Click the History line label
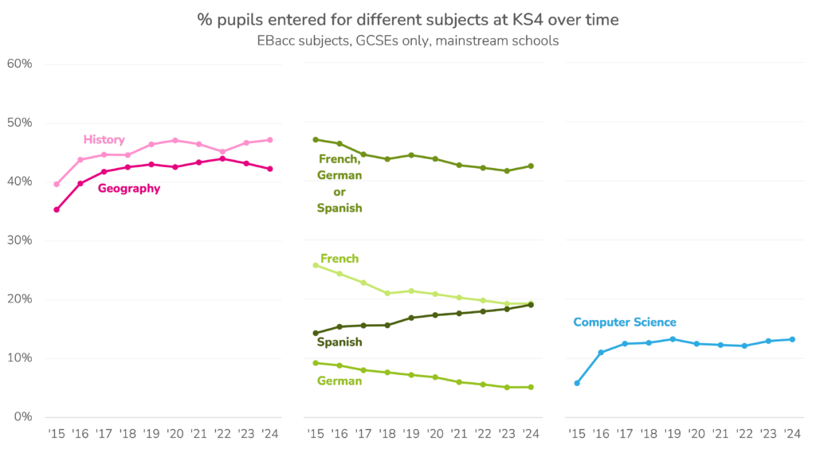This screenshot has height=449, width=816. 104,139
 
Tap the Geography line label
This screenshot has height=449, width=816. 128,189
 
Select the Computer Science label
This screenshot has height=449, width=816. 624,322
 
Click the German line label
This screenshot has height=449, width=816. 339,381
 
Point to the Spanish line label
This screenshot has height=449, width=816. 339,342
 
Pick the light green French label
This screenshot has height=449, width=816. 339,259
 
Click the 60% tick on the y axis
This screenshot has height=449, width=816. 18,64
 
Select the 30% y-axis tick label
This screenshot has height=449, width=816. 18,240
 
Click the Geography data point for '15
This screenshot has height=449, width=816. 57,209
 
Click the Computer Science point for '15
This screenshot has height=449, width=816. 577,383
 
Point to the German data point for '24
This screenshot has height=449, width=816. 531,387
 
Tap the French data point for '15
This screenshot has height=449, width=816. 316,265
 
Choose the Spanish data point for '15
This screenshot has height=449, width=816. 316,333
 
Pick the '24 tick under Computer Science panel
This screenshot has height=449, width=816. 791,433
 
